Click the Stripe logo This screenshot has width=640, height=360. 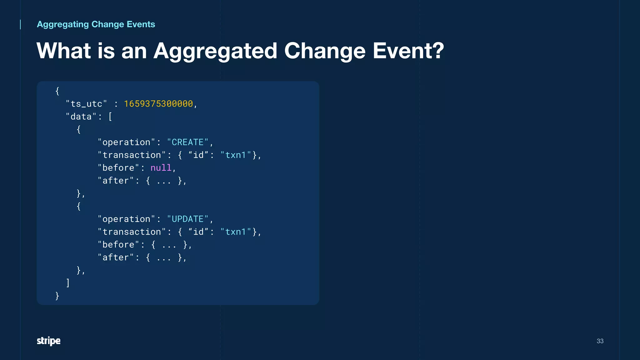coord(48,341)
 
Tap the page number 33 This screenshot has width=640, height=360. coord(600,341)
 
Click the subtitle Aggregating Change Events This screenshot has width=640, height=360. coord(96,24)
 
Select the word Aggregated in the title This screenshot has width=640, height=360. coord(215,51)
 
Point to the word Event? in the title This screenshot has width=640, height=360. coord(408,51)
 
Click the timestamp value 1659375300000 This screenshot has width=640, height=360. coord(158,104)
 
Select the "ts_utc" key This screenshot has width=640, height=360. coord(87,104)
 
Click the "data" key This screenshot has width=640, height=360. coord(81,117)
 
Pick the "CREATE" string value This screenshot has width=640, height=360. coord(187,142)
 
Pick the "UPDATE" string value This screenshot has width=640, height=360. coord(187,219)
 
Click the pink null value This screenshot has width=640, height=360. coord(161,168)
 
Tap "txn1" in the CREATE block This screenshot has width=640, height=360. coord(236,155)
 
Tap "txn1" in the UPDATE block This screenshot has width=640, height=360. coord(236,232)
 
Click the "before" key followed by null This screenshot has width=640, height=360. coord(118,168)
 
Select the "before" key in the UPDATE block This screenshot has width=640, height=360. coord(118,245)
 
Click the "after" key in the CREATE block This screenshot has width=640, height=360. coord(116,181)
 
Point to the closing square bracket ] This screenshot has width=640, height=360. coord(68,283)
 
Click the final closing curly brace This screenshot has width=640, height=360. coord(57,296)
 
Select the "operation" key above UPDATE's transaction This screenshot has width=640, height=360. coord(126,219)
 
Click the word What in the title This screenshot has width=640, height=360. coord(64,51)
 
